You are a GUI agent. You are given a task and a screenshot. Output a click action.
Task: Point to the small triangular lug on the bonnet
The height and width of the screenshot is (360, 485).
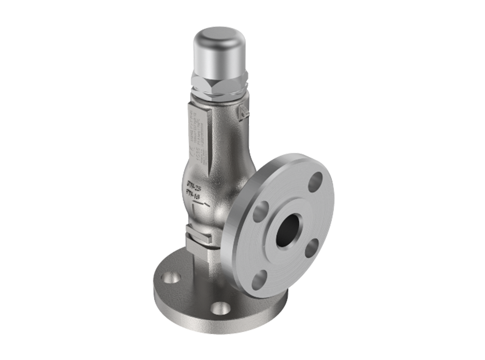point(242,112)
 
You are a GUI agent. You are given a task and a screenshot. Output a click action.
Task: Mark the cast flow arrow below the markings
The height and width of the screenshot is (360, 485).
point(201,206)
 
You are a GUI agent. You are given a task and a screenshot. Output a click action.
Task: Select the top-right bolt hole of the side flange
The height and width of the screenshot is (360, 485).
point(315,181)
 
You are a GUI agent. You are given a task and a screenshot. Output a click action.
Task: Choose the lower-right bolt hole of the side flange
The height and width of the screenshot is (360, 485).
point(312,247)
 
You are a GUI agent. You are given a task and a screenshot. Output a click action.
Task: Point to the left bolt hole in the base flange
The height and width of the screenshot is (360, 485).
point(171,278)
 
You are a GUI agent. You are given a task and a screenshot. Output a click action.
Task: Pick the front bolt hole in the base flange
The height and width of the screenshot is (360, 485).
point(221,308)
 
